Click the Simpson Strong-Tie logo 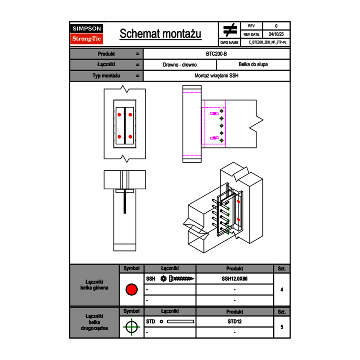pos(87,34)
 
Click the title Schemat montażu pos(160,34)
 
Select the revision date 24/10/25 pos(276,34)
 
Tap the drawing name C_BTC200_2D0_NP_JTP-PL pos(267,43)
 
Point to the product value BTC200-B pos(217,54)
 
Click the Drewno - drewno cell pos(180,65)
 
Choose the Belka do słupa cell pos(253,65)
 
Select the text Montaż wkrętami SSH pos(217,76)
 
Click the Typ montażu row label pos(106,76)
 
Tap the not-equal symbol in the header pos(230,31)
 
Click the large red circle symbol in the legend pos(131,290)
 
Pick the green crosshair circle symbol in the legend pos(131,327)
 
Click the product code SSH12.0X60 pos(234,279)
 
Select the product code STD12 pos(234,322)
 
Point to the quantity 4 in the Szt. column pos(282,290)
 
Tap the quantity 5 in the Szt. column pos(282,327)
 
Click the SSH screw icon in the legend pos(178,279)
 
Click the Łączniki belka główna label pos(94,285)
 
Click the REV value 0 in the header pos(276,26)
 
